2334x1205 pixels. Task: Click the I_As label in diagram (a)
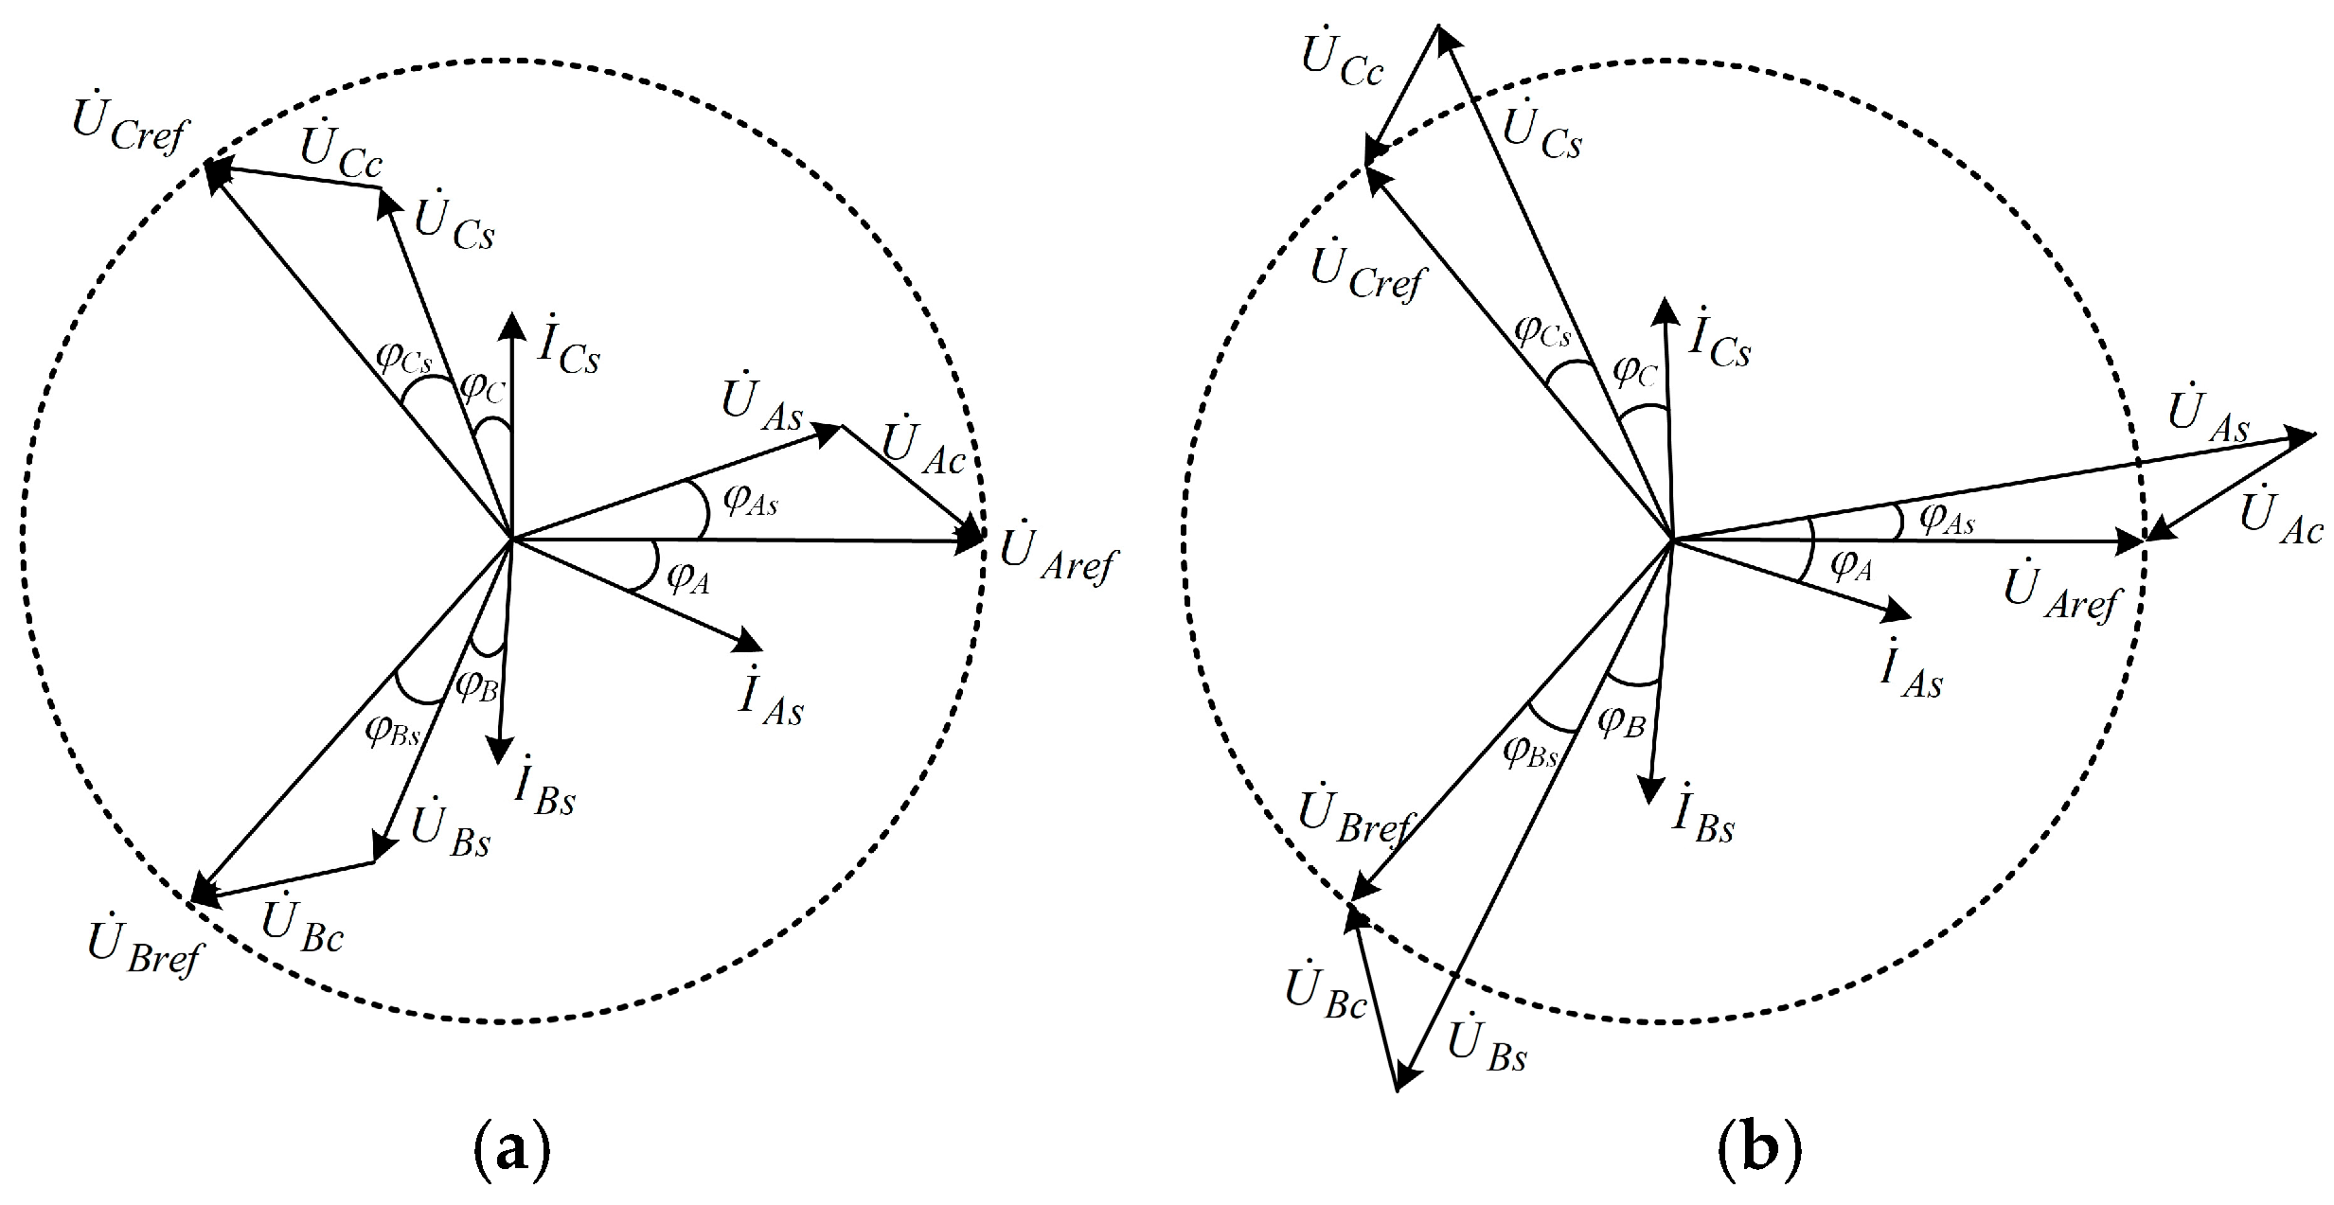pos(771,700)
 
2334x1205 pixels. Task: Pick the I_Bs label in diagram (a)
pos(543,791)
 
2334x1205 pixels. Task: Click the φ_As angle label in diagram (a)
pos(750,500)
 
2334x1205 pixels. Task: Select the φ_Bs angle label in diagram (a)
pos(392,729)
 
